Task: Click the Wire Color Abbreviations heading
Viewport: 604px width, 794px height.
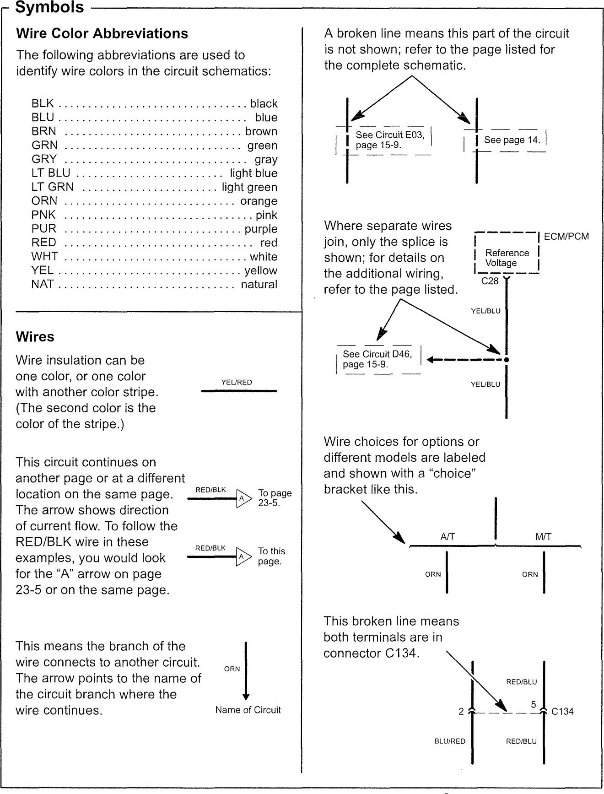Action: pyautogui.click(x=102, y=34)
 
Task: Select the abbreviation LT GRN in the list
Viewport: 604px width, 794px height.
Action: pyautogui.click(x=52, y=187)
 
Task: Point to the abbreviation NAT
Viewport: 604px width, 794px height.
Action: pyautogui.click(x=43, y=284)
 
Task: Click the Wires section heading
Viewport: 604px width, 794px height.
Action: pyautogui.click(x=35, y=337)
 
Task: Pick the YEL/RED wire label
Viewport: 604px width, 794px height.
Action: pyautogui.click(x=237, y=383)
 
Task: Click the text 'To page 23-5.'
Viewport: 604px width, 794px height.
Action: pyautogui.click(x=275, y=498)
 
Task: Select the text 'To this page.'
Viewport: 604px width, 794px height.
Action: pyautogui.click(x=271, y=556)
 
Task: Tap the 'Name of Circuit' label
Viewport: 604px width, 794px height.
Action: pyautogui.click(x=248, y=710)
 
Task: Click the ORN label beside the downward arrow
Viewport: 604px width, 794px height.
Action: pyautogui.click(x=232, y=669)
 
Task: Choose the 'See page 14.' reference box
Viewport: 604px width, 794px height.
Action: pyautogui.click(x=512, y=140)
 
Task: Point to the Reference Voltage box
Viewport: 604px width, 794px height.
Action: pyautogui.click(x=507, y=258)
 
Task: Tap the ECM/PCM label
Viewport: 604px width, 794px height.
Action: pyautogui.click(x=566, y=237)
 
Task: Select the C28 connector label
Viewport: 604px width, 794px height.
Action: pyautogui.click(x=490, y=281)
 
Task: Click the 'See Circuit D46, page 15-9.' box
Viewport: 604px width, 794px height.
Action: pyautogui.click(x=377, y=359)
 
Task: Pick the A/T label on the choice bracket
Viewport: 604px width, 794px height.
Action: pyautogui.click(x=448, y=537)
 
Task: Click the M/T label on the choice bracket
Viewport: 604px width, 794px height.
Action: pyautogui.click(x=543, y=537)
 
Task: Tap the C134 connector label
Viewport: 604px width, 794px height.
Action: pyautogui.click(x=562, y=712)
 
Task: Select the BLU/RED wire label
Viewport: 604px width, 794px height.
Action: pyautogui.click(x=449, y=741)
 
